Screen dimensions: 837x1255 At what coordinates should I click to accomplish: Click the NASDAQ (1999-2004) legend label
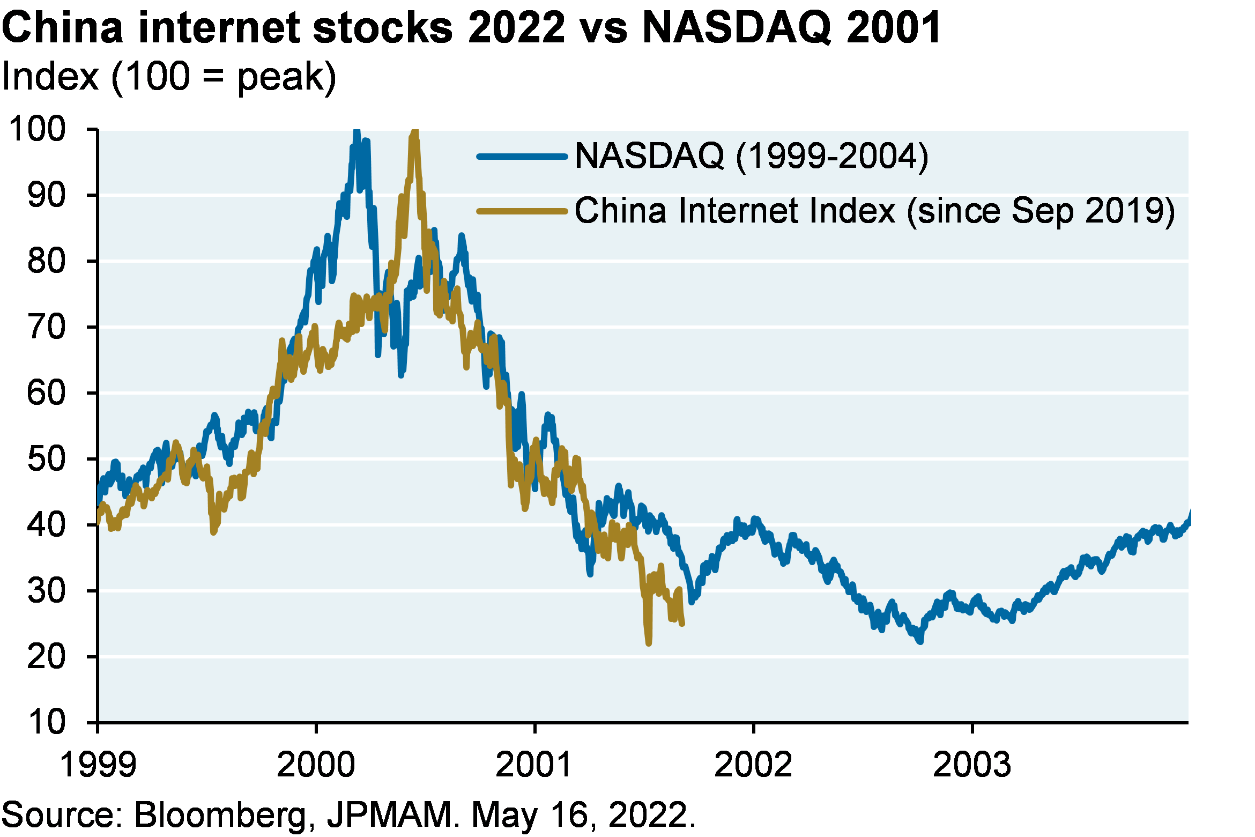(x=751, y=156)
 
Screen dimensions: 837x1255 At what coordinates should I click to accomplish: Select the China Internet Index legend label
(x=874, y=211)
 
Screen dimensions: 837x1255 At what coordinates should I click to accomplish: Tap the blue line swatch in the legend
(x=522, y=157)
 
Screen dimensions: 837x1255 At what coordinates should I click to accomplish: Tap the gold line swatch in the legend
(x=522, y=211)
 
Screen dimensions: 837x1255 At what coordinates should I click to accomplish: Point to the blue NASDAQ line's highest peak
(x=357, y=131)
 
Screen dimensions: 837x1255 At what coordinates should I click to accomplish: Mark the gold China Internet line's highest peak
(x=414, y=131)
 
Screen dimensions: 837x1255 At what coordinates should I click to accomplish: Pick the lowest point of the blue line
(x=920, y=641)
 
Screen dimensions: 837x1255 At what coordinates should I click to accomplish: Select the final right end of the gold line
(x=682, y=624)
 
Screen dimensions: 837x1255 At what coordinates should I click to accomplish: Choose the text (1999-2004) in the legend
(x=832, y=156)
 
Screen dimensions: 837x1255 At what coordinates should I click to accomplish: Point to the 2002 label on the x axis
(x=753, y=764)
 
